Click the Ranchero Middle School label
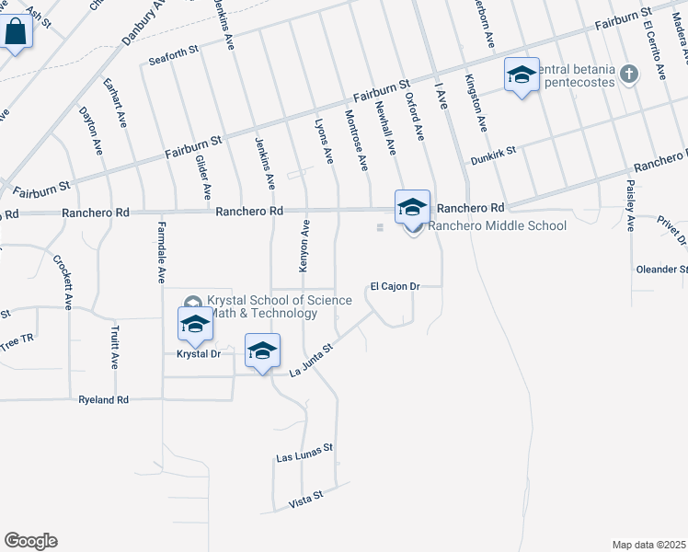[498, 225]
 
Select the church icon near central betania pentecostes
[629, 74]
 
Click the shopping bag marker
[16, 33]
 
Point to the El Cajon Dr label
[396, 286]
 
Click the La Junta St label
[310, 365]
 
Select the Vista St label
[306, 497]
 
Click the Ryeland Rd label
[104, 400]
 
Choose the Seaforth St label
[174, 58]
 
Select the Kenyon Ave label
[304, 246]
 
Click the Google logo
[30, 541]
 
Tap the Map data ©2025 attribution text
[648, 545]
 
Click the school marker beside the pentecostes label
[521, 75]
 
